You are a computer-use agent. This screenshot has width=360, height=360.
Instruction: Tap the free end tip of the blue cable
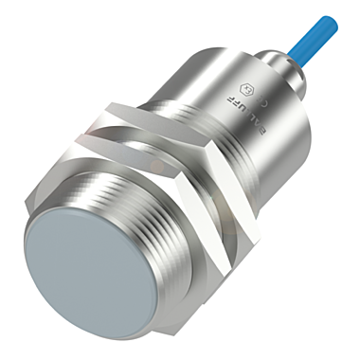tap(332, 20)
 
